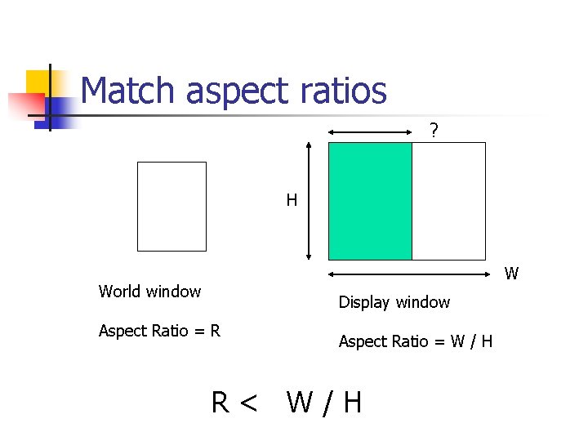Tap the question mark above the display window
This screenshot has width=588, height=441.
pyautogui.click(x=434, y=130)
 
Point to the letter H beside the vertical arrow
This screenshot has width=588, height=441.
pyautogui.click(x=292, y=200)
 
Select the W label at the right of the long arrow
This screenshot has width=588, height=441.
pyautogui.click(x=511, y=274)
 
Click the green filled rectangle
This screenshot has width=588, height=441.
pyautogui.click(x=370, y=201)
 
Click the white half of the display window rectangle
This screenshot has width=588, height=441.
pyautogui.click(x=448, y=201)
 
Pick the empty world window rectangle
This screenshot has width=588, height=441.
pyautogui.click(x=171, y=206)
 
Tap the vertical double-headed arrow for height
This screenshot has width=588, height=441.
pyautogui.click(x=309, y=201)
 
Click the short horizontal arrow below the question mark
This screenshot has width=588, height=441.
pyautogui.click(x=370, y=132)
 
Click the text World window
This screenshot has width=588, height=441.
pyautogui.click(x=149, y=292)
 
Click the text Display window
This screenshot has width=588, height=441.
pyautogui.click(x=394, y=302)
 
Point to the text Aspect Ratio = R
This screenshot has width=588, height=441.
pyautogui.click(x=159, y=331)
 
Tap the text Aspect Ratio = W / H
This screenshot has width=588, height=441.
pyautogui.click(x=416, y=341)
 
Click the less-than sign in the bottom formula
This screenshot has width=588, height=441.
pyautogui.click(x=248, y=403)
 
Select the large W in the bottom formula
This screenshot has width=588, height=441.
pyautogui.click(x=300, y=403)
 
